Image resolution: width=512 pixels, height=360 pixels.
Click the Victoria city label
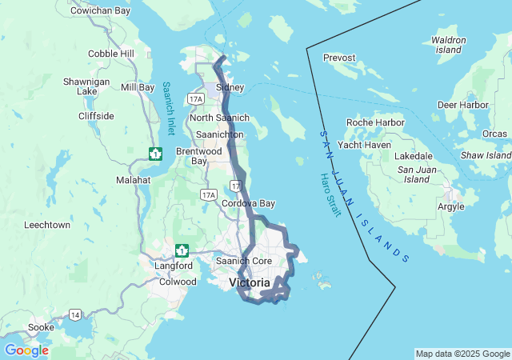click(250, 282)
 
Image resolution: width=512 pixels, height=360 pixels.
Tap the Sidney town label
click(230, 86)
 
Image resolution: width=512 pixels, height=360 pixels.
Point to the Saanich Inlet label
click(168, 108)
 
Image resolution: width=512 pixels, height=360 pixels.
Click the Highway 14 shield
click(74, 314)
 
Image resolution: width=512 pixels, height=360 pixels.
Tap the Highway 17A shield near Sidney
click(195, 98)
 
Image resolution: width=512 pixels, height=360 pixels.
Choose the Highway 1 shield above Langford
click(182, 250)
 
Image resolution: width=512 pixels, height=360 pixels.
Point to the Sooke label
click(42, 328)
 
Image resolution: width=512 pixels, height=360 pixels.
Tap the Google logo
click(26, 350)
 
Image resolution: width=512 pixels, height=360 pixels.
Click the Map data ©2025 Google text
click(462, 354)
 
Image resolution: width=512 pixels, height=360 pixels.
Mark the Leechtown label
click(47, 225)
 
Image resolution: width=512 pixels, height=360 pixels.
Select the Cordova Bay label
click(248, 203)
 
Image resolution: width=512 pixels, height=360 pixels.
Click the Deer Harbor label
click(463, 105)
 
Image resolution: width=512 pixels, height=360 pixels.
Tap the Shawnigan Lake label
click(81, 86)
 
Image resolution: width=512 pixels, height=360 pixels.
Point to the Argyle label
click(450, 206)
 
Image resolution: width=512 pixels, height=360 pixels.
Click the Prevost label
click(339, 58)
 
